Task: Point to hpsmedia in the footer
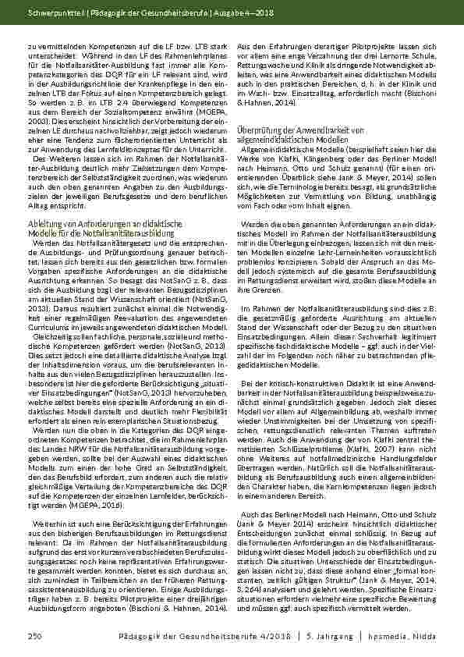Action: coord(399,637)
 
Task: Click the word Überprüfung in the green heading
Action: coord(254,128)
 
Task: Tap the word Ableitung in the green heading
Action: coord(45,224)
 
